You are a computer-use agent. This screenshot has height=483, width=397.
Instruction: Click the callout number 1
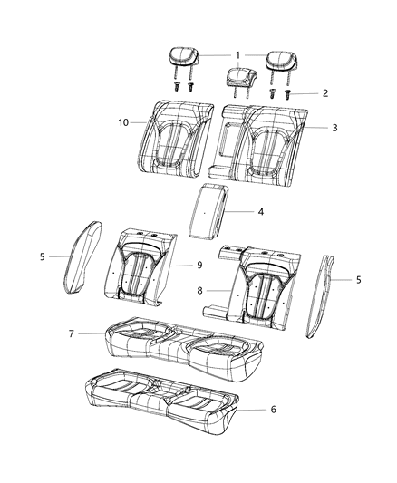point(237,55)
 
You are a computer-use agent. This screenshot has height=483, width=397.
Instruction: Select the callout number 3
point(334,128)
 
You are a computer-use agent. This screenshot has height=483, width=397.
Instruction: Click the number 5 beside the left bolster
point(42,257)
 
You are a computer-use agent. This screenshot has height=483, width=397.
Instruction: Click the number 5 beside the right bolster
point(358,280)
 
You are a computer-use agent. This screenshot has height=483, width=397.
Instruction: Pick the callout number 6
point(273,409)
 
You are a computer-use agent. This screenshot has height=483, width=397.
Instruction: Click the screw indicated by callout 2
point(288,92)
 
